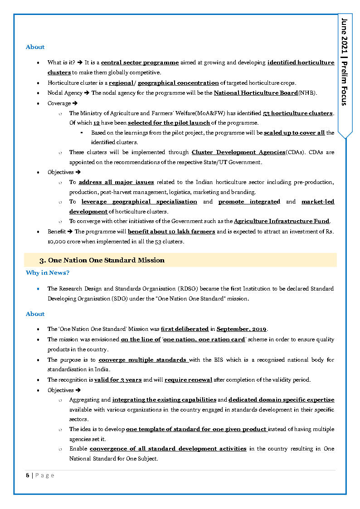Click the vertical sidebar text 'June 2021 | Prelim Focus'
click(345, 62)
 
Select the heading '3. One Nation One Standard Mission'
click(102, 260)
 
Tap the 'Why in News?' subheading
click(48, 272)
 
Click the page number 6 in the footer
click(28, 475)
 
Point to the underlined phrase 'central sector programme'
click(140, 63)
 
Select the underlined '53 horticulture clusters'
click(298, 113)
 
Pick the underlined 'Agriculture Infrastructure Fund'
click(282, 221)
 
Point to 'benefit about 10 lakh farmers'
click(171, 232)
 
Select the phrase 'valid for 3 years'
click(118, 379)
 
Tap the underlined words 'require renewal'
click(188, 379)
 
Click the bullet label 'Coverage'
click(59, 103)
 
